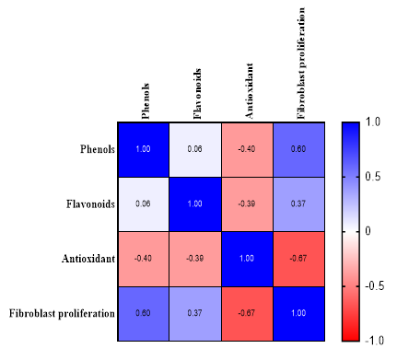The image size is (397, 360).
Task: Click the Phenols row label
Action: [98, 149]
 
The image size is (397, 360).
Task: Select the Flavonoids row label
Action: [90, 204]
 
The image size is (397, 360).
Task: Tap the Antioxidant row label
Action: [88, 259]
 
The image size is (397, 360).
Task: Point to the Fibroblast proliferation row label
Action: [62, 314]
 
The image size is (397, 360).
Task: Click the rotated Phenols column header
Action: [146, 101]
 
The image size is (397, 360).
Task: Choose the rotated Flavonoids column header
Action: [197, 94]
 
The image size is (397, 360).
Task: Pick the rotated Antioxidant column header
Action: [249, 91]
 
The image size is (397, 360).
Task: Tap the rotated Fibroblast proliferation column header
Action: [300, 64]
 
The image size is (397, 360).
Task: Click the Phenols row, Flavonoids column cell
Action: [195, 150]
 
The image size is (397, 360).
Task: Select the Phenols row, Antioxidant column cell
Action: [247, 150]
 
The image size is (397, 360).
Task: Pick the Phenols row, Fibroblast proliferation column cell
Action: [298, 150]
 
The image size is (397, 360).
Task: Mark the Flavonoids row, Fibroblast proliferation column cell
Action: [298, 204]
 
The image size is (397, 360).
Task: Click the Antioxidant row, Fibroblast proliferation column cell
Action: [298, 259]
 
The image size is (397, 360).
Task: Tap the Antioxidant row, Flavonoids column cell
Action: [195, 259]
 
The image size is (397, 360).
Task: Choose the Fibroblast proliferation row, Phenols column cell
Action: [144, 314]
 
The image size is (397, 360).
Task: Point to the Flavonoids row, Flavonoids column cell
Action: [195, 204]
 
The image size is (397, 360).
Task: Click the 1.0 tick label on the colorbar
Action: [373, 122]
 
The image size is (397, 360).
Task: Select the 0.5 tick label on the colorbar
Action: [373, 177]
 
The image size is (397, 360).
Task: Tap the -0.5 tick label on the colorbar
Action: [374, 286]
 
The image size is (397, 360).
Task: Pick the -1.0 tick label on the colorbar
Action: [374, 341]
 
